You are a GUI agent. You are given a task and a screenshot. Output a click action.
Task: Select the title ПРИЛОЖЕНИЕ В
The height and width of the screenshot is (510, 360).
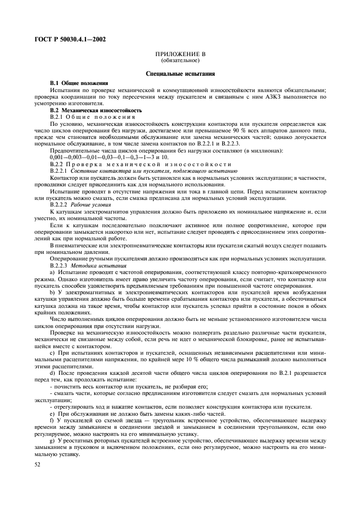pos(179,55)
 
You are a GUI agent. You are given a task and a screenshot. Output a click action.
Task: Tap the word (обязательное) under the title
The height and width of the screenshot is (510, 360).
pos(180,61)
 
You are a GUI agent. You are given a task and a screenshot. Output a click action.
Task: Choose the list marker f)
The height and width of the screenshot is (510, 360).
pos(52,420)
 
